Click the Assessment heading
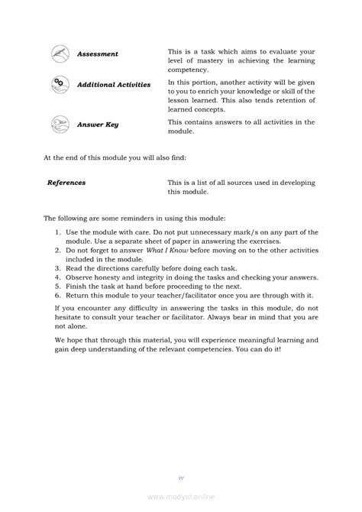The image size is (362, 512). [98, 54]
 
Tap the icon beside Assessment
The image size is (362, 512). [60, 53]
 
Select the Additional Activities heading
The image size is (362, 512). [114, 85]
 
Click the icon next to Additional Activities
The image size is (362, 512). [60, 84]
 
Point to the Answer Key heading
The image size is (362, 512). [98, 123]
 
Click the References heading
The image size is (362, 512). [66, 183]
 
